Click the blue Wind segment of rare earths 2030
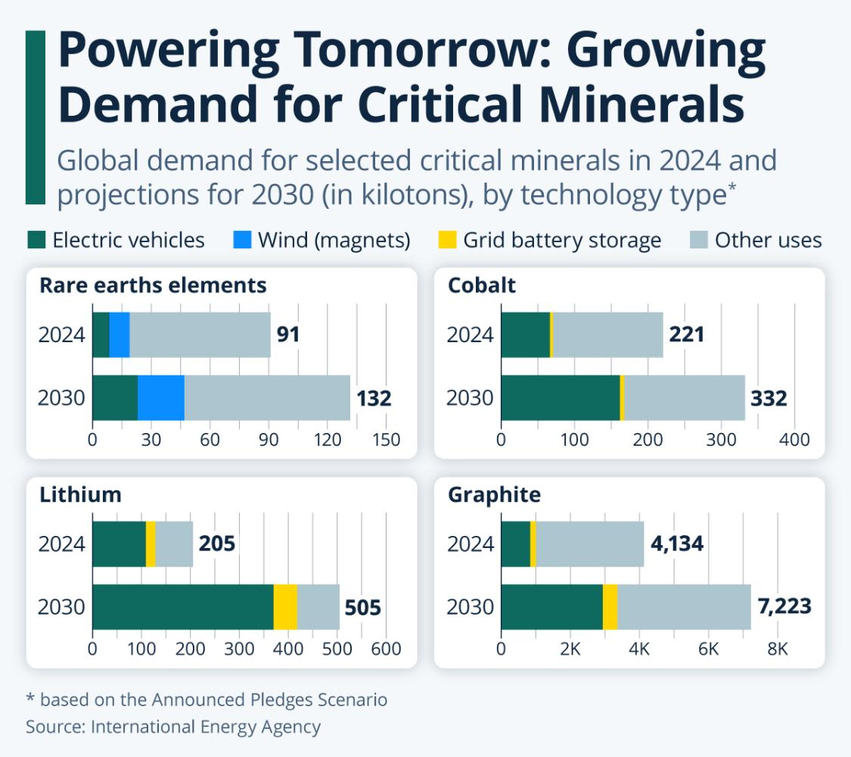161,397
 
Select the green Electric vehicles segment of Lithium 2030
182,607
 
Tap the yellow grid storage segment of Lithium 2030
285,607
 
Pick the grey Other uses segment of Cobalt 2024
608,335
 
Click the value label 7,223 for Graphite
784,606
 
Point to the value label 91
288,335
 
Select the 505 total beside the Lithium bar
362,608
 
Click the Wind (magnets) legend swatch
242,241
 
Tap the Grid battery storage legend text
562,241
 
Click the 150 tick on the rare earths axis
386,440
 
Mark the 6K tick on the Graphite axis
709,650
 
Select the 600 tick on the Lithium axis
386,650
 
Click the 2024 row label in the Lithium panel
62,544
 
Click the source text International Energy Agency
206,727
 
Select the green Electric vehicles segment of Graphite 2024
516,544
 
